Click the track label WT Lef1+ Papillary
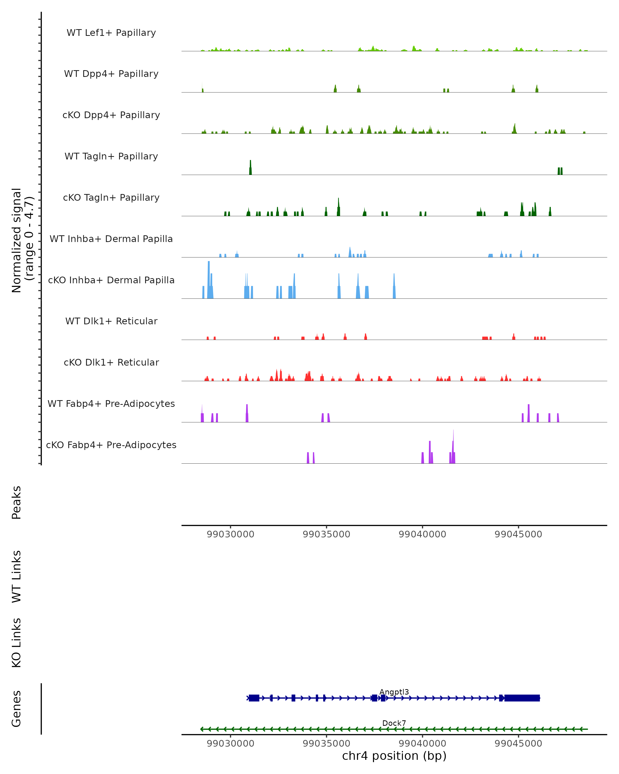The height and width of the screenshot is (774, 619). click(111, 33)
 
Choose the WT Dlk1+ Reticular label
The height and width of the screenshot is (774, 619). click(111, 321)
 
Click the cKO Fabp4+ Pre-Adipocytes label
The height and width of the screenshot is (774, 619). click(111, 445)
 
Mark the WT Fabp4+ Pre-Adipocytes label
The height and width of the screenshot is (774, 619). click(111, 404)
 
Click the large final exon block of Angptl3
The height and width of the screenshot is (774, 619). click(522, 698)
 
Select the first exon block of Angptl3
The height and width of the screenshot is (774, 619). click(254, 698)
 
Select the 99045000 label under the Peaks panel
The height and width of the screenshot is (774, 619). click(518, 534)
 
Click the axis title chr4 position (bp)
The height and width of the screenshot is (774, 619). click(394, 756)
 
